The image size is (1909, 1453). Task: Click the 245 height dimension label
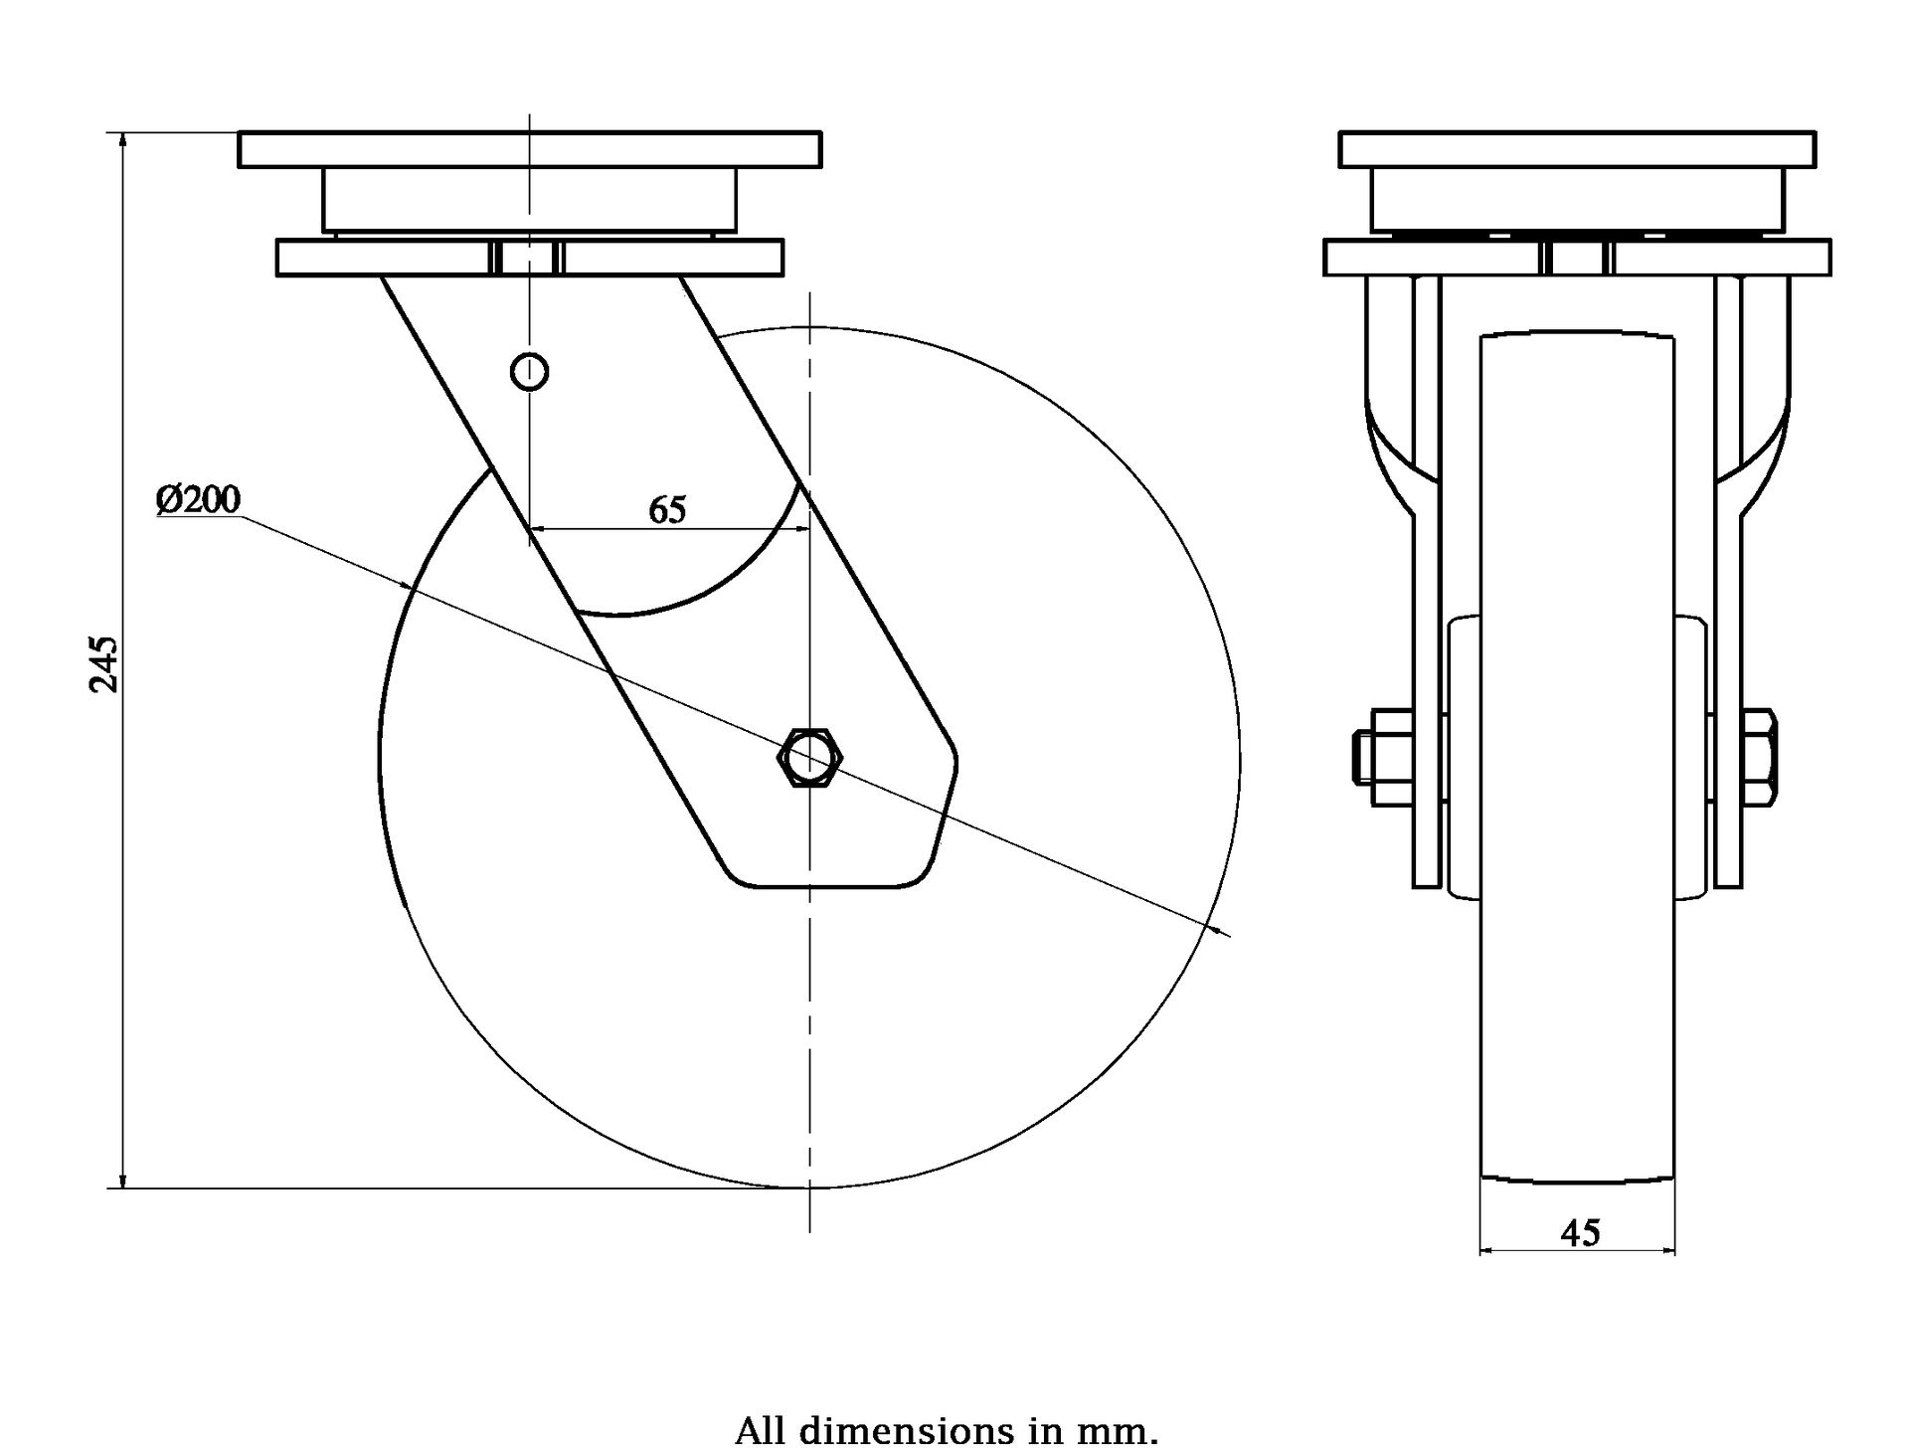104,663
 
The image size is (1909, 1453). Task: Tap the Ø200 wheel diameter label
198,499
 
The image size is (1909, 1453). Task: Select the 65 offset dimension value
667,510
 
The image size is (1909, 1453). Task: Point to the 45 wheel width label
1580,1233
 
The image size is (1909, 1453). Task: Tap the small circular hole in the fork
529,371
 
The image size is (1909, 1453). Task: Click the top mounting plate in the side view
530,148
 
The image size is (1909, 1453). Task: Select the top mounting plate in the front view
1577,148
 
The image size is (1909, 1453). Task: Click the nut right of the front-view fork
1760,758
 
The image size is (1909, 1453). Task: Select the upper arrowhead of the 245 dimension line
122,139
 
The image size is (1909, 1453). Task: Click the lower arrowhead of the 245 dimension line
122,1181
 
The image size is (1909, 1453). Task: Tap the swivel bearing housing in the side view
529,199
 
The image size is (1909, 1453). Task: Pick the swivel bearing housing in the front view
1577,199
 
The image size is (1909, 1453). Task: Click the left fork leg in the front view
1427,597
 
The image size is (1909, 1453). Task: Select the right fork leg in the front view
1729,597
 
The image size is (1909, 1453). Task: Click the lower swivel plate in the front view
1577,258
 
